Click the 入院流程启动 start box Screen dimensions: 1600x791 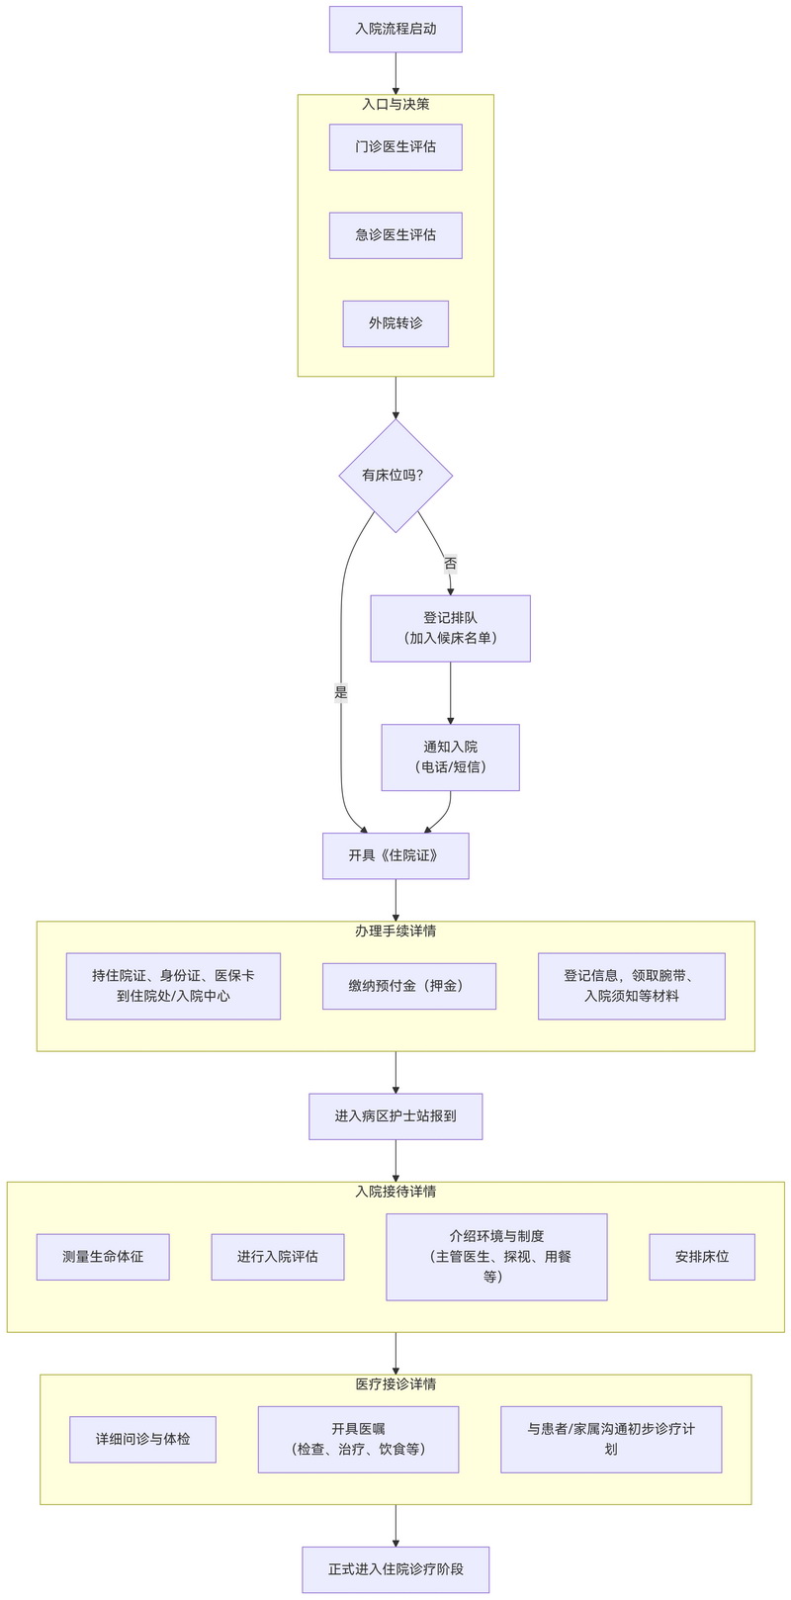click(x=395, y=29)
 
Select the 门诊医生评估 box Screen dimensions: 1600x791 click(x=395, y=146)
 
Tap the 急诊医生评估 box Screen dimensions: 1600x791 click(x=395, y=235)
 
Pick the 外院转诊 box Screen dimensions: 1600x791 click(x=395, y=323)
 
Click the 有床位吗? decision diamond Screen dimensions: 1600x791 click(x=395, y=476)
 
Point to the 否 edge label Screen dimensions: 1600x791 click(x=450, y=564)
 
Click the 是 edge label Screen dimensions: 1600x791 click(x=341, y=692)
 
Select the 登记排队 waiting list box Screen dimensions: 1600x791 click(x=450, y=628)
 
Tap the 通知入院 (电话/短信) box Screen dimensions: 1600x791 click(x=450, y=757)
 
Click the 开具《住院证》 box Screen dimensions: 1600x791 click(x=395, y=855)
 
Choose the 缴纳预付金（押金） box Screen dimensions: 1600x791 click(x=408, y=986)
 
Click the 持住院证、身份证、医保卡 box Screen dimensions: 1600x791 click(x=173, y=986)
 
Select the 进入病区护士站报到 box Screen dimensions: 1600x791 click(x=395, y=1116)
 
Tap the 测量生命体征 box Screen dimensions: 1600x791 click(x=103, y=1257)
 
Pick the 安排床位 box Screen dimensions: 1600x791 click(x=702, y=1257)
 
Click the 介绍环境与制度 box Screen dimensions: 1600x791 click(x=496, y=1257)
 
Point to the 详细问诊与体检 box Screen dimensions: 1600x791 click(x=142, y=1440)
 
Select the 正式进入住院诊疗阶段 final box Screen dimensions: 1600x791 click(x=395, y=1569)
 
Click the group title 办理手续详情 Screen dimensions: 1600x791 click(x=395, y=931)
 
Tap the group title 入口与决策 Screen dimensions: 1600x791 click(x=395, y=104)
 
